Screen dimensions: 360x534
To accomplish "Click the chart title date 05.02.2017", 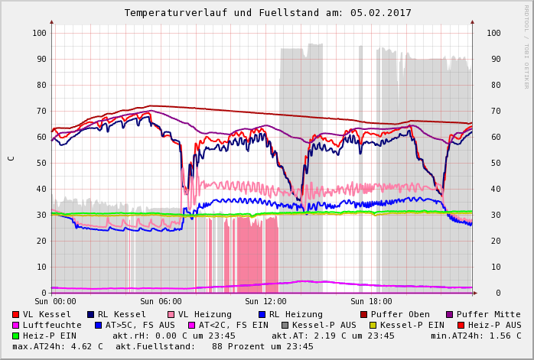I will [382, 13].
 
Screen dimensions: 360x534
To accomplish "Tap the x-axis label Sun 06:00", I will [161, 302].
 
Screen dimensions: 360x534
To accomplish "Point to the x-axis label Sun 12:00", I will [265, 302].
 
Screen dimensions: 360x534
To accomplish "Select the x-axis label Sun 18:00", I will [371, 302].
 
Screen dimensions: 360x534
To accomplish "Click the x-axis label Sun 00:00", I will [55, 302].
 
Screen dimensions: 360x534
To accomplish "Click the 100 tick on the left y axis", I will [39, 33].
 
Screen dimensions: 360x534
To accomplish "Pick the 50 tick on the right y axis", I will [493, 163].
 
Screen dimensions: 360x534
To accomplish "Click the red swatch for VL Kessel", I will [16, 314].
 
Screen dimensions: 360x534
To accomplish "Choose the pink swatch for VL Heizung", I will [171, 314].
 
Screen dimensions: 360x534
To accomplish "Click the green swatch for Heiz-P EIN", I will [16, 336].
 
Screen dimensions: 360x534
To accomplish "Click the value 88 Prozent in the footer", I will [230, 346].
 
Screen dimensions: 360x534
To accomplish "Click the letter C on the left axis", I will [11, 158].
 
